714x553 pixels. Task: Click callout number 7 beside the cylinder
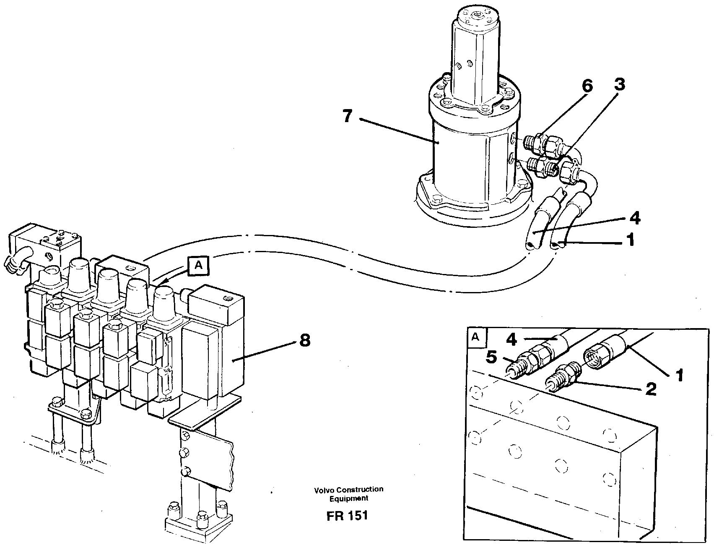347,116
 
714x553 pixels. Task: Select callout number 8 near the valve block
304,340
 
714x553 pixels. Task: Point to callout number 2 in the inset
650,389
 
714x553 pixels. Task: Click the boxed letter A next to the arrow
198,266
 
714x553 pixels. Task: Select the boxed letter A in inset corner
475,337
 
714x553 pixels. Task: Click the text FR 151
347,515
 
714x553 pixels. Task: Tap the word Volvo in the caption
322,489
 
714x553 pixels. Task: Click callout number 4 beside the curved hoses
634,218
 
